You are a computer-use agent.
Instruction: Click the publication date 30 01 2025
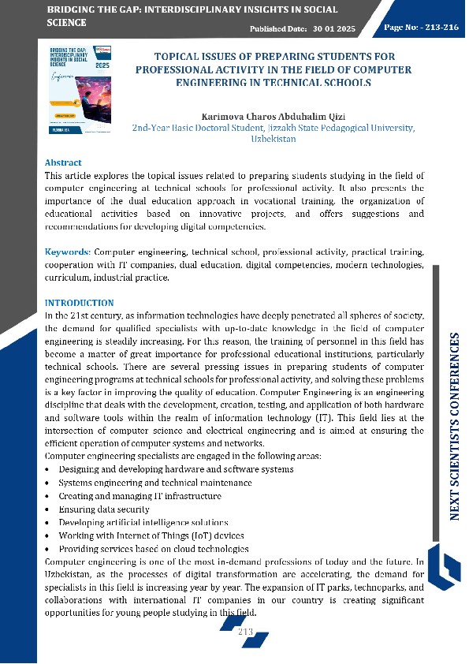click(x=336, y=28)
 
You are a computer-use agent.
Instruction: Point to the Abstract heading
click(x=63, y=163)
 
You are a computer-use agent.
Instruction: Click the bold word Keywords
click(x=67, y=252)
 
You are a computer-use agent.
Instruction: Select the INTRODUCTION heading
click(x=79, y=303)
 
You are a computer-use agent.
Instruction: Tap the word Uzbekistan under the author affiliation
click(x=273, y=139)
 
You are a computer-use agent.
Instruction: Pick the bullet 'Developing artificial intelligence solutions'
click(x=143, y=523)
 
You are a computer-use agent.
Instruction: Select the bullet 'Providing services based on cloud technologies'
click(x=154, y=549)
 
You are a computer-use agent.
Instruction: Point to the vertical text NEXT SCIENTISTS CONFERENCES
click(x=455, y=426)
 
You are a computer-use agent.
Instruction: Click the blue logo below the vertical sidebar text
click(x=449, y=568)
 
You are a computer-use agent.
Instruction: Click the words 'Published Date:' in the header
click(x=278, y=28)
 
